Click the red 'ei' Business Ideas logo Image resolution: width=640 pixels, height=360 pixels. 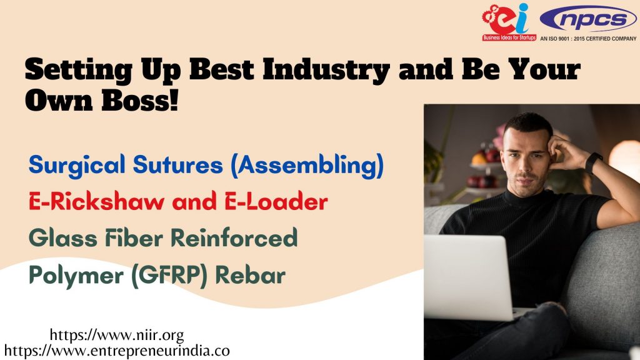click(509, 22)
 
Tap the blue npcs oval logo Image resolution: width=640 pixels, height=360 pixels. click(588, 19)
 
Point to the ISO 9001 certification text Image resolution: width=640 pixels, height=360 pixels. click(588, 39)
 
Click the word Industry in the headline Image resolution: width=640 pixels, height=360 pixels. click(326, 70)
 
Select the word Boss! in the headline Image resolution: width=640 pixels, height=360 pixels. click(139, 100)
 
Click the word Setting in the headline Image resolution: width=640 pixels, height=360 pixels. click(78, 70)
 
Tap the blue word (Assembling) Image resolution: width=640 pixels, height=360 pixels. click(307, 166)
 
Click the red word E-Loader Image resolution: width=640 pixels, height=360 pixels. click(276, 202)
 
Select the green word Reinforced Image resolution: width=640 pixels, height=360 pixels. click(234, 238)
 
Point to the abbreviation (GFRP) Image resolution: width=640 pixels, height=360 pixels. click(169, 276)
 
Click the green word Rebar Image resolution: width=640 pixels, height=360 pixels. click(250, 275)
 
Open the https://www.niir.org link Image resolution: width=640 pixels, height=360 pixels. click(117, 335)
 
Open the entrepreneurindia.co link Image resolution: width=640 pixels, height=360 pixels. click(117, 351)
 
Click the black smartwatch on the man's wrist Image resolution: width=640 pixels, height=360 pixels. click(594, 162)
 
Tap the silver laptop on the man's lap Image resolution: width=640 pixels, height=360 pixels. click(470, 277)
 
